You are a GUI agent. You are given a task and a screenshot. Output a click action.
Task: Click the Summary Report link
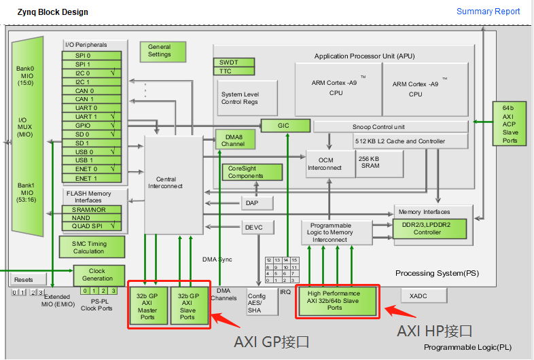pyautogui.click(x=488, y=12)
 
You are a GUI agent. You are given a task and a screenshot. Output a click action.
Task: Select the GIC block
pyautogui.click(x=283, y=126)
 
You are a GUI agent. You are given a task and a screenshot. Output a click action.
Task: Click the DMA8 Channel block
pyautogui.click(x=233, y=140)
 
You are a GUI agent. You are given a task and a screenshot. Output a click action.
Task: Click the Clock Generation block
pyautogui.click(x=98, y=274)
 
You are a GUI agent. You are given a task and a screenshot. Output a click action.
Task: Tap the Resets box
pyautogui.click(x=24, y=280)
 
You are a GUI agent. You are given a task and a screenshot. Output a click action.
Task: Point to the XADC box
pyautogui.click(x=423, y=295)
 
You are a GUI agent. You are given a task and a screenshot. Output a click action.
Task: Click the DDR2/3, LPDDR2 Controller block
pyautogui.click(x=431, y=228)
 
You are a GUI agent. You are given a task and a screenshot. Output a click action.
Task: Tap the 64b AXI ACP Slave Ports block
pyautogui.click(x=510, y=124)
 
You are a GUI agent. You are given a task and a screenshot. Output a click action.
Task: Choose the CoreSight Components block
pyautogui.click(x=251, y=173)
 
